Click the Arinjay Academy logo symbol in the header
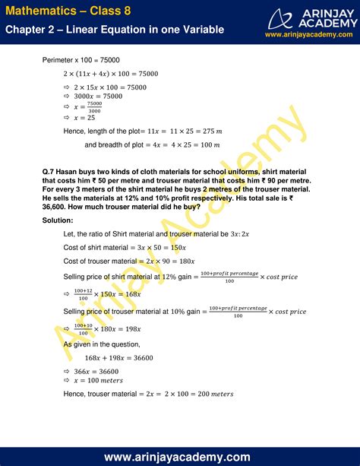click(x=286, y=16)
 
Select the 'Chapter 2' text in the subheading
click(x=31, y=30)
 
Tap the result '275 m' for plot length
click(x=210, y=132)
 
